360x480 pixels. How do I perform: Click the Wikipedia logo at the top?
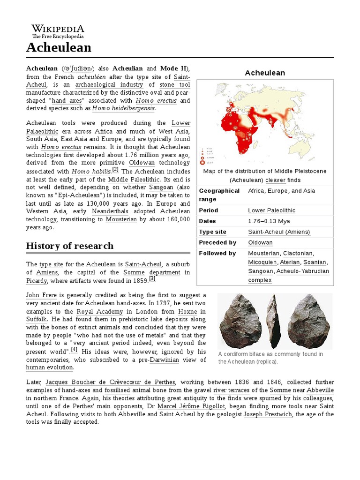[x=58, y=31]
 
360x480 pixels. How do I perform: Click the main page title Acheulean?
[x=59, y=47]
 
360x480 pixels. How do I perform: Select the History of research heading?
[x=69, y=246]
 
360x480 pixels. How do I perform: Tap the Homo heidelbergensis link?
[x=123, y=108]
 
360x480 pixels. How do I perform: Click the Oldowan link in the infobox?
[x=260, y=242]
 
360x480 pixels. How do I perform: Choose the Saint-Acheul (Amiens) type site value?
[x=279, y=232]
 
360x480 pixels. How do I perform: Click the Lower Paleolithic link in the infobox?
[x=271, y=210]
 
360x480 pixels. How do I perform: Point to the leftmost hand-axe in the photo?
[x=239, y=320]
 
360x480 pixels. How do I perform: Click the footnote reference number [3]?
[x=152, y=278]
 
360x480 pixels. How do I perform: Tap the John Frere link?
[x=39, y=295]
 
